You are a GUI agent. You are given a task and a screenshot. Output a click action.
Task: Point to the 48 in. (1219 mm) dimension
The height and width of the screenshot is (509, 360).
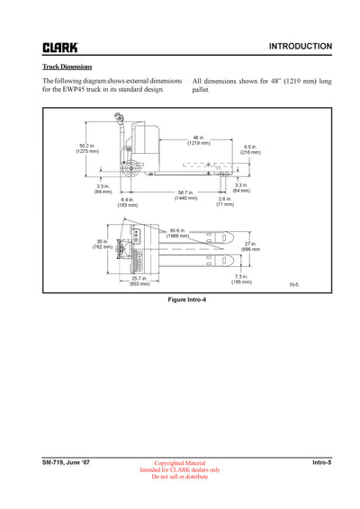[x=199, y=140]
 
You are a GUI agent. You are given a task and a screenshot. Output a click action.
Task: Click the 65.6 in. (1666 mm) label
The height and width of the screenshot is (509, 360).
[x=177, y=232]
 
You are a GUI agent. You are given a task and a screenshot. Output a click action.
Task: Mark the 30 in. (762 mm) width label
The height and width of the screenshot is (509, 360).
[x=102, y=244]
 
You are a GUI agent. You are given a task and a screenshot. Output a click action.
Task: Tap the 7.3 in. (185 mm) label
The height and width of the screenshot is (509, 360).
[x=241, y=279]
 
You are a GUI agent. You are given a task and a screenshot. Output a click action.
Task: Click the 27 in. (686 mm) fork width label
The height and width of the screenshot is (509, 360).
[x=250, y=246]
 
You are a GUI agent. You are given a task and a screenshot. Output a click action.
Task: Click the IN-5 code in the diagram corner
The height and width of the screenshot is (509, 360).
[x=293, y=285]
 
